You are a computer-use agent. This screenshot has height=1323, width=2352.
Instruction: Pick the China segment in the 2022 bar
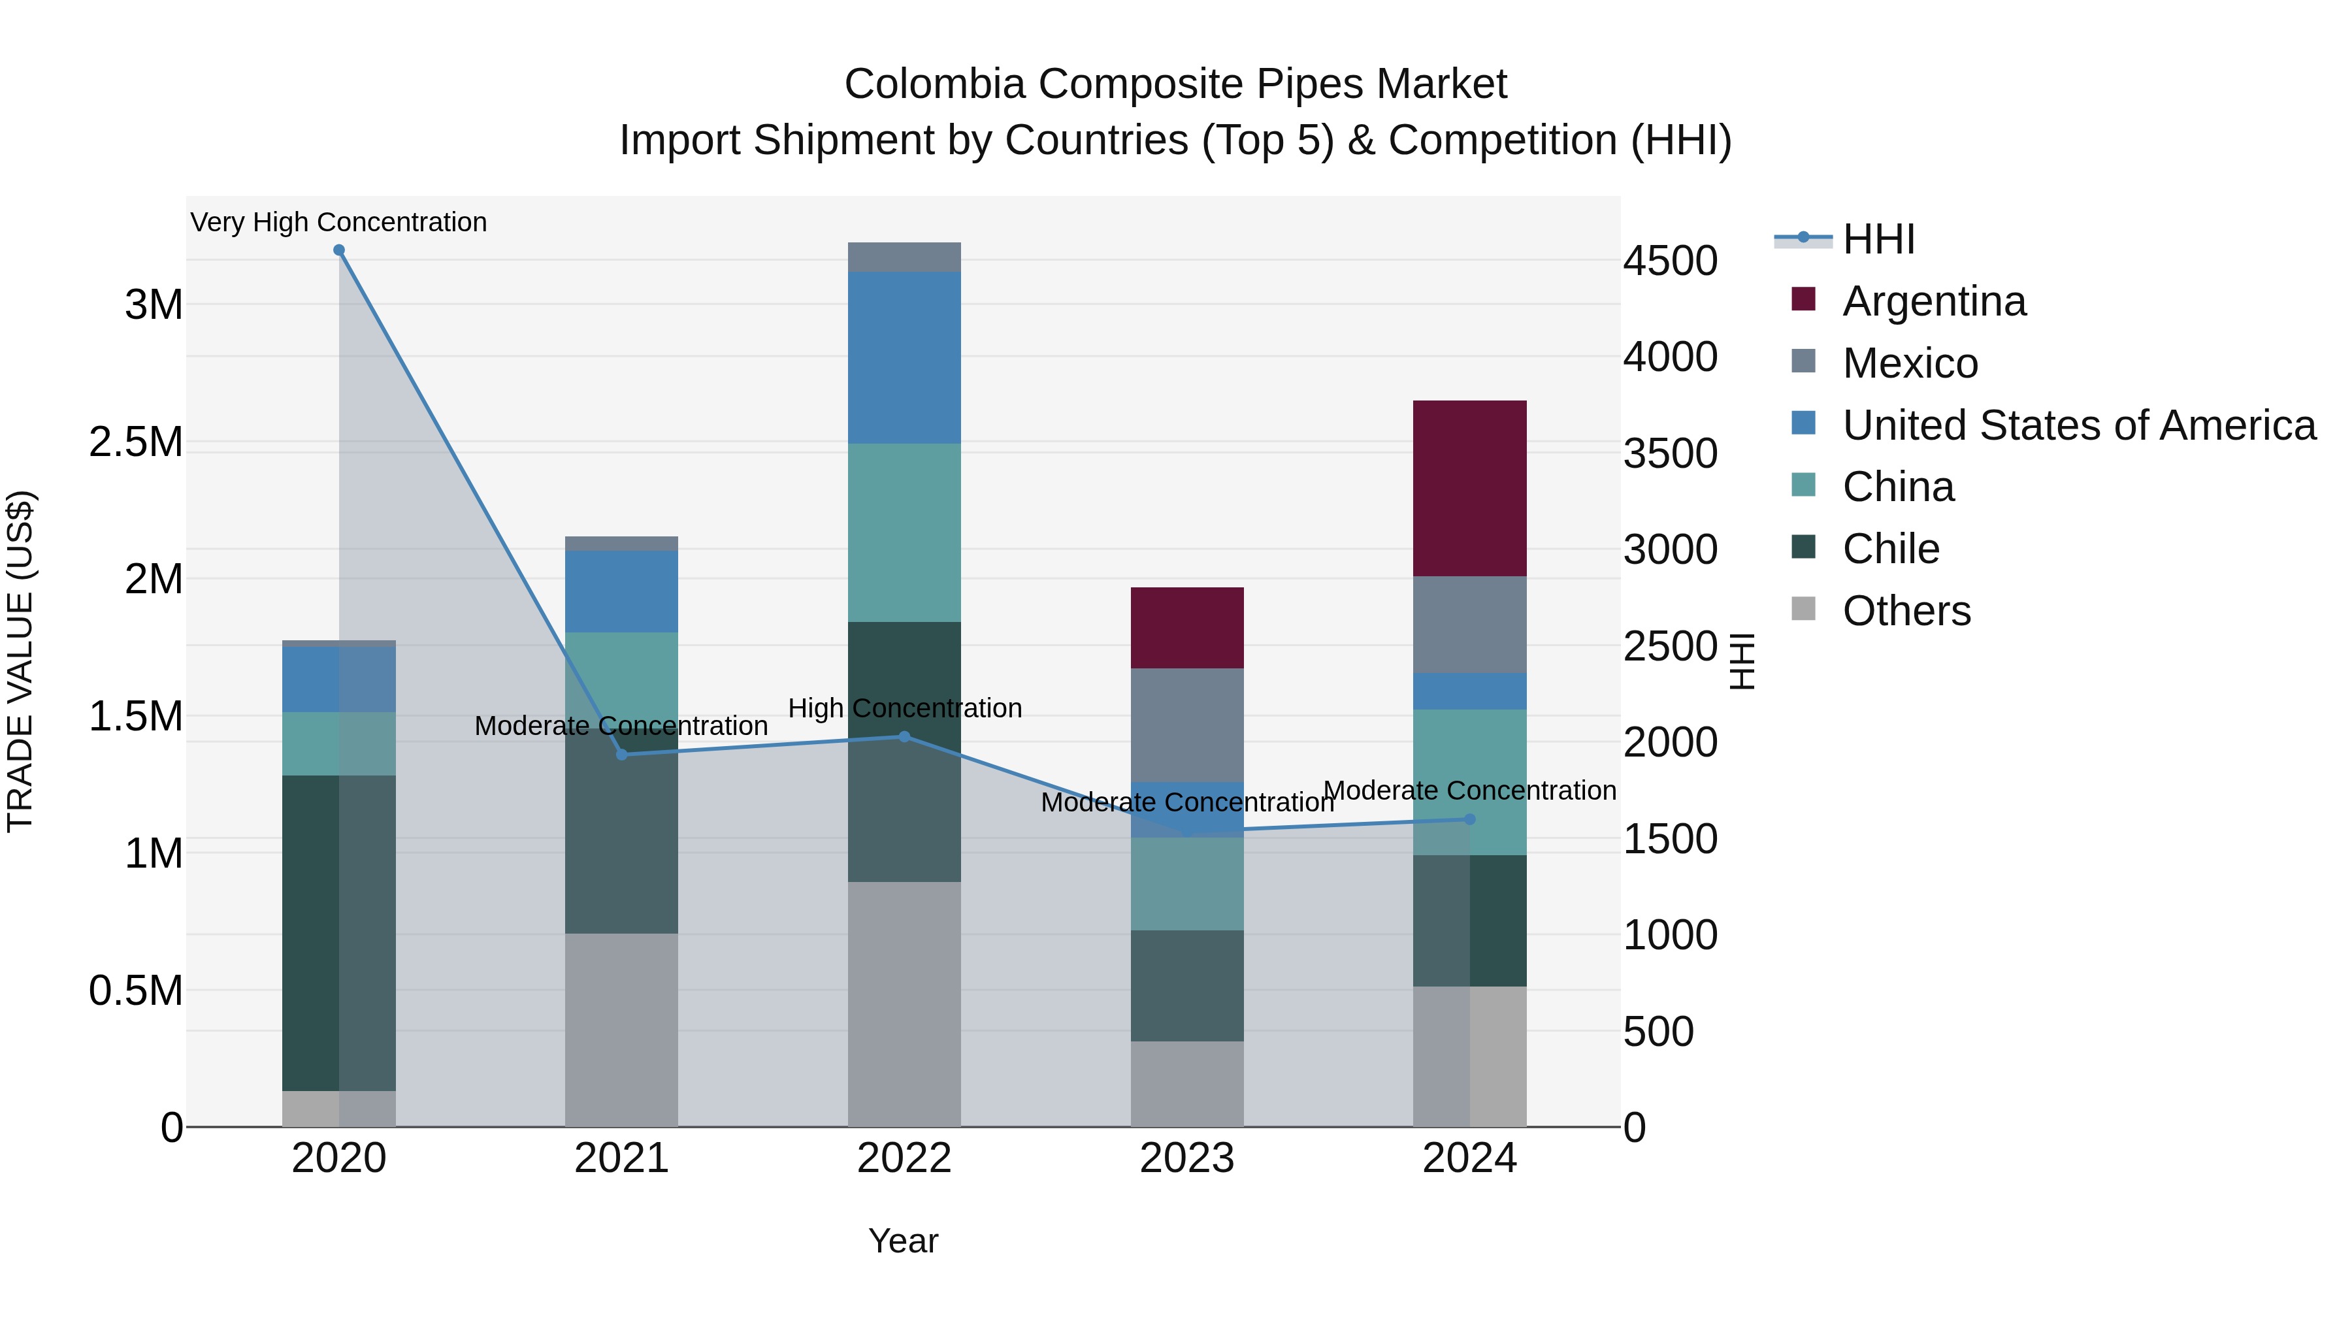[904, 532]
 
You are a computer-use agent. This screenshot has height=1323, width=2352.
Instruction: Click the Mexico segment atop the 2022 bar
[904, 257]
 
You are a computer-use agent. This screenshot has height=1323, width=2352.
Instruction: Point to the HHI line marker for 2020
[338, 250]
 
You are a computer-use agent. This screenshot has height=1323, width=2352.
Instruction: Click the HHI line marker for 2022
[904, 737]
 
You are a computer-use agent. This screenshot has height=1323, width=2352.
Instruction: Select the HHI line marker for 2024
[1469, 819]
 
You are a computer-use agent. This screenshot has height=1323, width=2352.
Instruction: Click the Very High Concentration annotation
[338, 222]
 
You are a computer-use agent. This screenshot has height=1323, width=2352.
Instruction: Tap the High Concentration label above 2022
[904, 708]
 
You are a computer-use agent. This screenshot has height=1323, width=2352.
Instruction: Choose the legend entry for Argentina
[1933, 301]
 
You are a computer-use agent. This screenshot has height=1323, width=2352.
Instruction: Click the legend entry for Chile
[1890, 549]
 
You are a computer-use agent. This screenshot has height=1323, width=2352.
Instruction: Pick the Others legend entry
[1906, 611]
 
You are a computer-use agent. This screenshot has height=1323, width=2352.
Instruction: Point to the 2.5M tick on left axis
[136, 442]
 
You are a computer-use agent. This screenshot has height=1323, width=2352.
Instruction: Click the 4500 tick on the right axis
[1670, 261]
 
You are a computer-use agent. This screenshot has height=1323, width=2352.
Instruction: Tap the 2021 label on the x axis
[621, 1158]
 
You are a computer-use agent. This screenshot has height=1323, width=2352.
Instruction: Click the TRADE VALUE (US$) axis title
[20, 661]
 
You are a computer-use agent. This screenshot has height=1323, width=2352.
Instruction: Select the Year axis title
[903, 1241]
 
